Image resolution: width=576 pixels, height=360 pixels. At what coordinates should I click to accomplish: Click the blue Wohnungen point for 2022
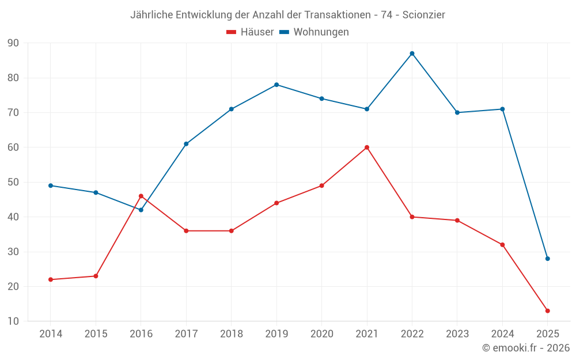coord(412,54)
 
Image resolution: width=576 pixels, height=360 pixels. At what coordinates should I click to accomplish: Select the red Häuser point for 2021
coord(367,147)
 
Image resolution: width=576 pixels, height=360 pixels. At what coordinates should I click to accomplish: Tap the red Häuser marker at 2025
coord(548,311)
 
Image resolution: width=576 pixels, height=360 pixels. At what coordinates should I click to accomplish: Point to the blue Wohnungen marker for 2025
coord(548,259)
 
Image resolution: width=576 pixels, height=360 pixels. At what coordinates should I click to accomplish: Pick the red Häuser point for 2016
coord(141,196)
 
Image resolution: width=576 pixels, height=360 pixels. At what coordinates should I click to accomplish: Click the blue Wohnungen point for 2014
coord(51,185)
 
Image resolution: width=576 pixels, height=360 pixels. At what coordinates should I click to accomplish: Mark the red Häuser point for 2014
coord(51,279)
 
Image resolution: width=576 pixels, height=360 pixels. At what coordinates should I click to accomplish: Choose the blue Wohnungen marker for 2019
coord(276,85)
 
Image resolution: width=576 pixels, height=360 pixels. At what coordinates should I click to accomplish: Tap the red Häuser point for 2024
coord(502,245)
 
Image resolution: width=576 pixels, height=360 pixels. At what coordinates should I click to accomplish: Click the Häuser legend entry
coord(250,32)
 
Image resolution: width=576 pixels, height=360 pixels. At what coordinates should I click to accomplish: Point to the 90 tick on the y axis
coord(13,43)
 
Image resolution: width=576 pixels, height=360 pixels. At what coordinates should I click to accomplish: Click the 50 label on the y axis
coord(13,182)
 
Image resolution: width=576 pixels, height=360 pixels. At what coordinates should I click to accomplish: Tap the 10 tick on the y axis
coord(13,321)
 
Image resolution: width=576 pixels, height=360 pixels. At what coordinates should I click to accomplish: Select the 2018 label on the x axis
coord(231,334)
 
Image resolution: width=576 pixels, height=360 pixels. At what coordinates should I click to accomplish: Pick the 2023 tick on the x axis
coord(457,334)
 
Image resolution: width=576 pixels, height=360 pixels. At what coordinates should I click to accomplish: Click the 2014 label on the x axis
coord(51,334)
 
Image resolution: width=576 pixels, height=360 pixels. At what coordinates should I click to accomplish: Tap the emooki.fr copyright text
coord(525,348)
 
